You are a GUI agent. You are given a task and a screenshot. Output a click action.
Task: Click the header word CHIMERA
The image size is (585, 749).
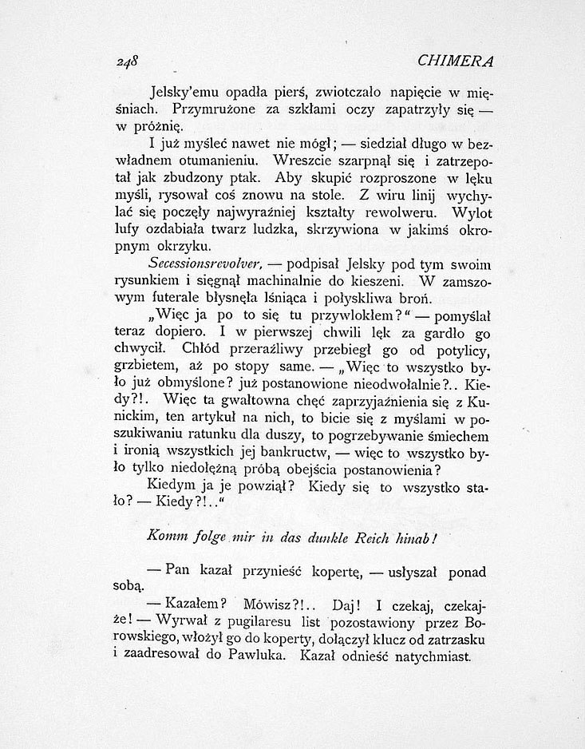point(456,61)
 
